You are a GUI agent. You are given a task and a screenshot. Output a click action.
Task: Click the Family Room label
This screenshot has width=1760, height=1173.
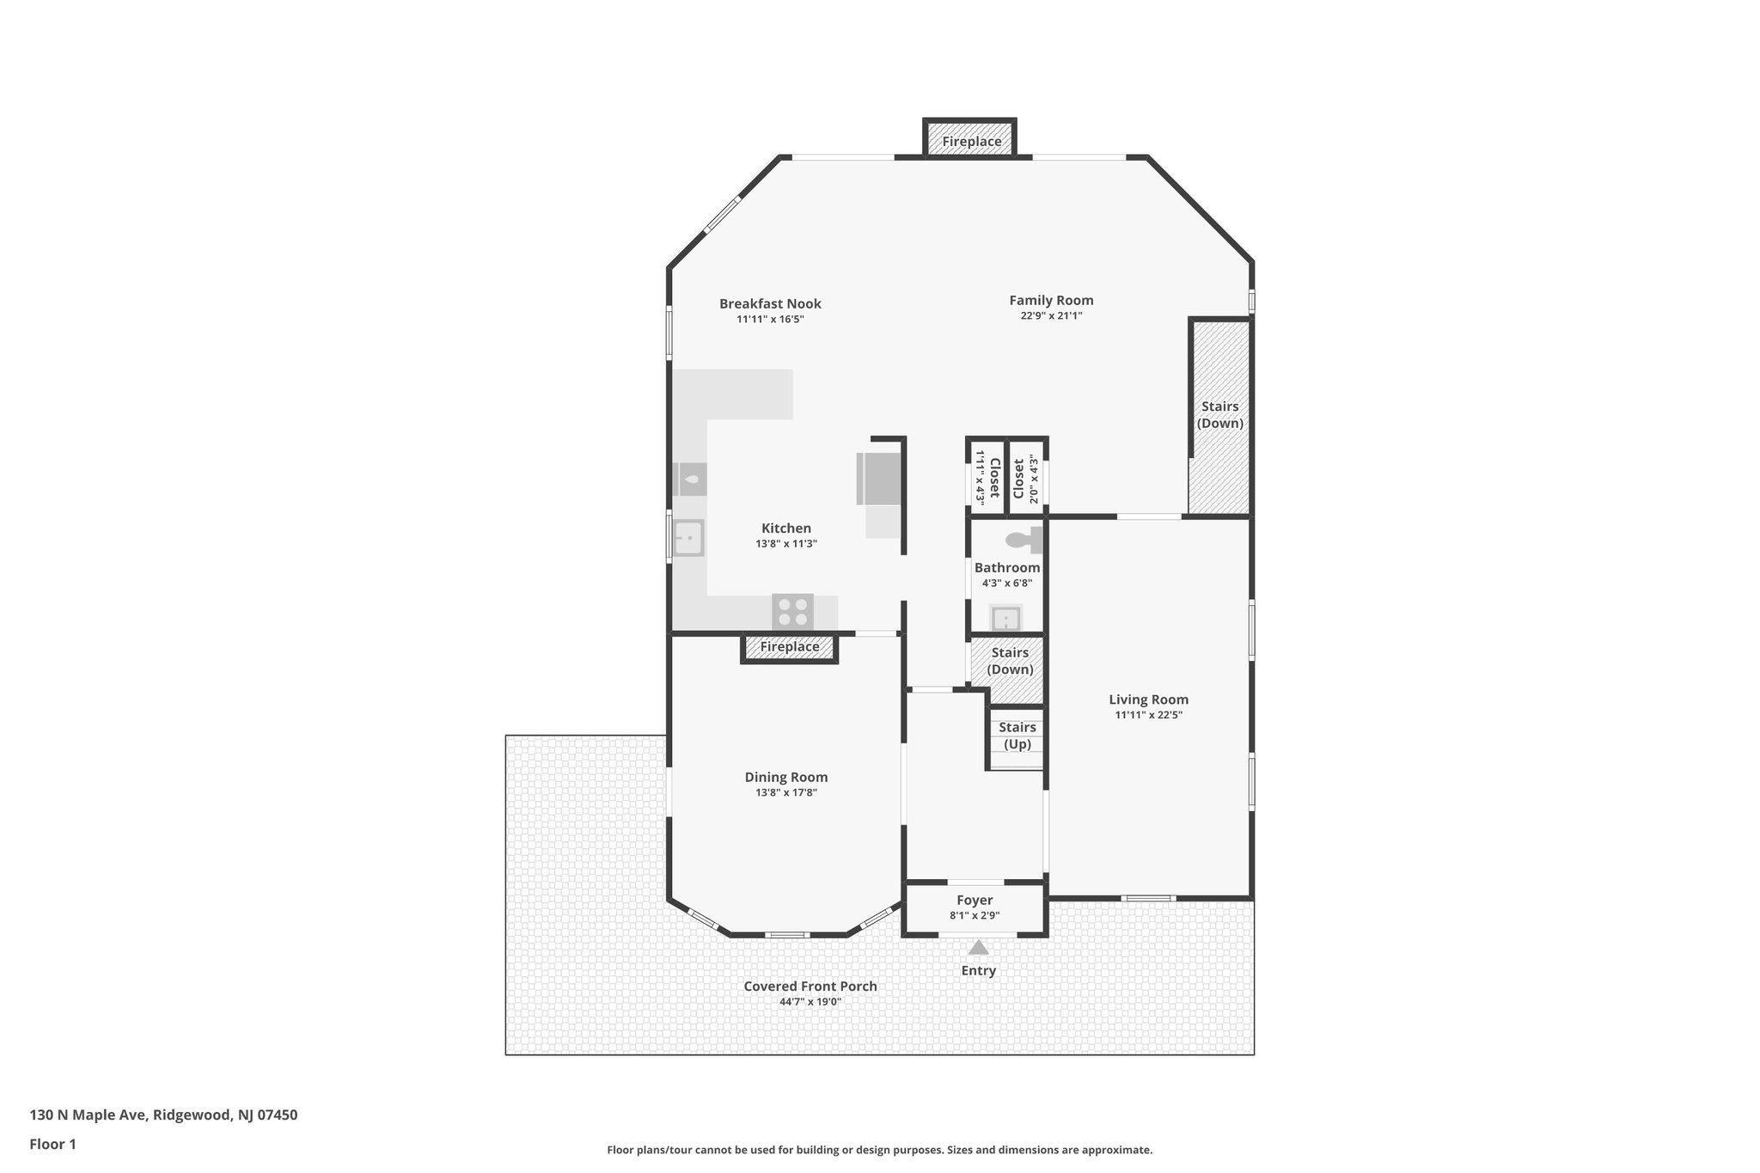tap(1050, 301)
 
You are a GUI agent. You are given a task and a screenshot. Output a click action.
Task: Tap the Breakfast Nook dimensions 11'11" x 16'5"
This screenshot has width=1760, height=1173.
tap(769, 320)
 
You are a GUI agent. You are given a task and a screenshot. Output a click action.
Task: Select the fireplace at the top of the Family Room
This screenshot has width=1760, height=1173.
tap(970, 141)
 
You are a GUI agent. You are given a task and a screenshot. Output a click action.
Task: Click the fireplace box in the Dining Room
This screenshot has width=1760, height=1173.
tap(789, 647)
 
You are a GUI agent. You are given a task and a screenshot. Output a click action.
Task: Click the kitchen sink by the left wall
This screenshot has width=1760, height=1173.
tap(687, 539)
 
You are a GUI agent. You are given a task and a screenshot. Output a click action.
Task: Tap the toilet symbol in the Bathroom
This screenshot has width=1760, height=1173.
tap(1023, 541)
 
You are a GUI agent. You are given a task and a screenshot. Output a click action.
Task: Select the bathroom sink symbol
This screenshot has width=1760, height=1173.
tap(1005, 618)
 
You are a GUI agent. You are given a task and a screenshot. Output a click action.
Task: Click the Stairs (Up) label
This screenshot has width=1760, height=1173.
tap(1017, 736)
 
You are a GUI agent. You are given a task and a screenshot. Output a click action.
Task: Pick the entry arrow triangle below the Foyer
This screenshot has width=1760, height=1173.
tap(978, 948)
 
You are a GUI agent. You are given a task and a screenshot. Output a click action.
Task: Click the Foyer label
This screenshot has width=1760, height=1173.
tap(975, 901)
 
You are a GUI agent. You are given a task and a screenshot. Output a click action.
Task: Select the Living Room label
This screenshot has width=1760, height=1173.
tap(1148, 700)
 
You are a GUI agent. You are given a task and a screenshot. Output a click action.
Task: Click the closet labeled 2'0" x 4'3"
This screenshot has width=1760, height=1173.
tap(1026, 480)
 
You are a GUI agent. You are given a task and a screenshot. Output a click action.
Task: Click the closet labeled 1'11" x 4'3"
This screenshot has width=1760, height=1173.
tap(987, 480)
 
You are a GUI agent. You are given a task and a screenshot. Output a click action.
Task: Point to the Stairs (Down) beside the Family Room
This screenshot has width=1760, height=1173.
tap(1219, 415)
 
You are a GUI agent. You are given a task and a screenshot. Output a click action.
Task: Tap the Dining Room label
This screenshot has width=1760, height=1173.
tap(785, 778)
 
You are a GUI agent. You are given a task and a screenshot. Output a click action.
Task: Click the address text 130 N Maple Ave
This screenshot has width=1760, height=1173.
tap(163, 1115)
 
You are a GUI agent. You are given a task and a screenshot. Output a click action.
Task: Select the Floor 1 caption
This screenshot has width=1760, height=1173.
tap(53, 1144)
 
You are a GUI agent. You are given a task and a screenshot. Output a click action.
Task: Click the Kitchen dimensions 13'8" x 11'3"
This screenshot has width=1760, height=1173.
tap(785, 544)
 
